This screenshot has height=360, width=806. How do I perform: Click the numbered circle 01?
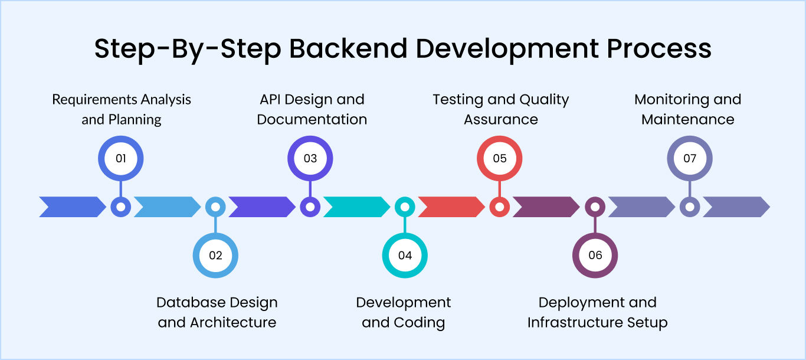(x=120, y=158)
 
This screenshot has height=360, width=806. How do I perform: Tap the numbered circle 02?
(x=215, y=256)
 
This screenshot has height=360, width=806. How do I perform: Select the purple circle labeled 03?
(x=310, y=158)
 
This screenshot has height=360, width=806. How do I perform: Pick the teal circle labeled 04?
(x=405, y=256)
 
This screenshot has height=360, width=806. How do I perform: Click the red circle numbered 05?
(x=500, y=158)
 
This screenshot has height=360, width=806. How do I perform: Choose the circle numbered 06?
(x=595, y=256)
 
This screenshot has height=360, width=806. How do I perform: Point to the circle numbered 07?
(x=690, y=158)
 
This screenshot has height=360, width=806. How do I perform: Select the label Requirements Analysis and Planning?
(x=122, y=109)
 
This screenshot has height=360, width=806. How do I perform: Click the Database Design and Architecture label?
(x=217, y=312)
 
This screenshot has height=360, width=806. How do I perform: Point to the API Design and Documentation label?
(x=312, y=109)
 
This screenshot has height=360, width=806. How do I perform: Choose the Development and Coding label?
(x=404, y=312)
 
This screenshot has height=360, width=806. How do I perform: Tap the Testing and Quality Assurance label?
(x=500, y=109)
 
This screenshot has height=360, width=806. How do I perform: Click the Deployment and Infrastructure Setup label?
(x=597, y=312)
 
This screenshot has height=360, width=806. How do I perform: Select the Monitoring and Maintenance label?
(x=688, y=109)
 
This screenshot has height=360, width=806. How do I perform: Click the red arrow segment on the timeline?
(x=451, y=207)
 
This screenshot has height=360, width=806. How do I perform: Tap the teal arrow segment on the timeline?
(x=356, y=207)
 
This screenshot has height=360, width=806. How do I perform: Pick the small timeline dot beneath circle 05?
(x=500, y=207)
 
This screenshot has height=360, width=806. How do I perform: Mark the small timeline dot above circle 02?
(x=215, y=207)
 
